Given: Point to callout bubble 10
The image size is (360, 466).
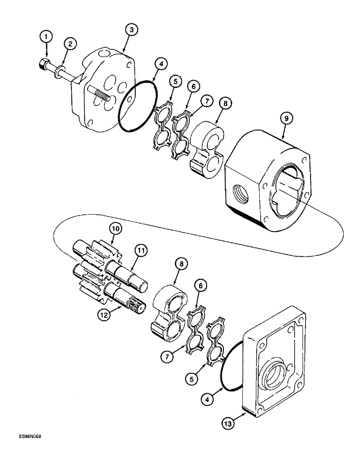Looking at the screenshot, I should (x=115, y=229).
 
